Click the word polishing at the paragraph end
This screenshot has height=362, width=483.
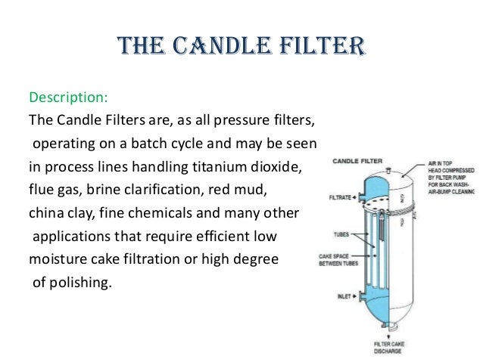tap(77, 283)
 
